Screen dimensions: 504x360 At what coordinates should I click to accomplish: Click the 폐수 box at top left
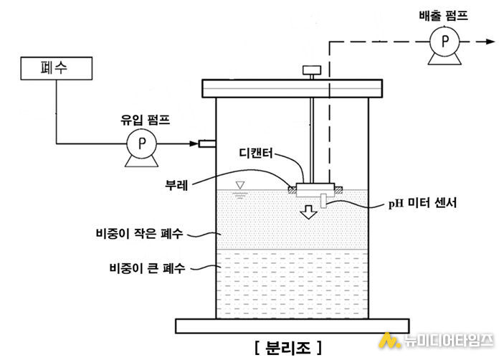[57, 68]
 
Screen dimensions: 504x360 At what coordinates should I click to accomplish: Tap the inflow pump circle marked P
[141, 143]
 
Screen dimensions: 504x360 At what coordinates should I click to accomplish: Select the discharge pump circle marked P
[444, 42]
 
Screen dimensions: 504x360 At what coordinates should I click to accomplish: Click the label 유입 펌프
[145, 120]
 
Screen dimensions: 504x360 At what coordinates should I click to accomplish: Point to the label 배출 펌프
[443, 16]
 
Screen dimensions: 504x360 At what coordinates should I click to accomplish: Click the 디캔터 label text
[256, 153]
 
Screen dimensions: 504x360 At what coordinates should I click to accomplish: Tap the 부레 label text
[176, 186]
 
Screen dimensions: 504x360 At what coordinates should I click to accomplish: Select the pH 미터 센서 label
[422, 203]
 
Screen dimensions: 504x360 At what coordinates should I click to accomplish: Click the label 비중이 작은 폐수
[140, 233]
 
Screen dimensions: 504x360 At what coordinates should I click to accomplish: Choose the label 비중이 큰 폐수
[147, 267]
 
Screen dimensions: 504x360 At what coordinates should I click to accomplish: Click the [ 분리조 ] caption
[288, 347]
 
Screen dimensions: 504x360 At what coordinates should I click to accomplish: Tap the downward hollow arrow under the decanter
[308, 212]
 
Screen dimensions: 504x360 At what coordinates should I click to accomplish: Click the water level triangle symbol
[239, 185]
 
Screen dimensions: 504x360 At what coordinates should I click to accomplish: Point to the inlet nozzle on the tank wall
[207, 143]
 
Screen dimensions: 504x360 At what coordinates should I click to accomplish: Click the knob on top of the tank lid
[311, 70]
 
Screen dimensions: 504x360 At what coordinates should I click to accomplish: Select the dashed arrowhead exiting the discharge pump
[490, 42]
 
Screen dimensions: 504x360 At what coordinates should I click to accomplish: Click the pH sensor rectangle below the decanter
[323, 201]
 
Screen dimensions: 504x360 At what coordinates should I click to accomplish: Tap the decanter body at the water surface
[315, 190]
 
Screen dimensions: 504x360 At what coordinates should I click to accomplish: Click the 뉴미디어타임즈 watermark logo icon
[389, 341]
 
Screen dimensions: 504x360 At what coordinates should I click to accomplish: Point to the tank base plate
[293, 326]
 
